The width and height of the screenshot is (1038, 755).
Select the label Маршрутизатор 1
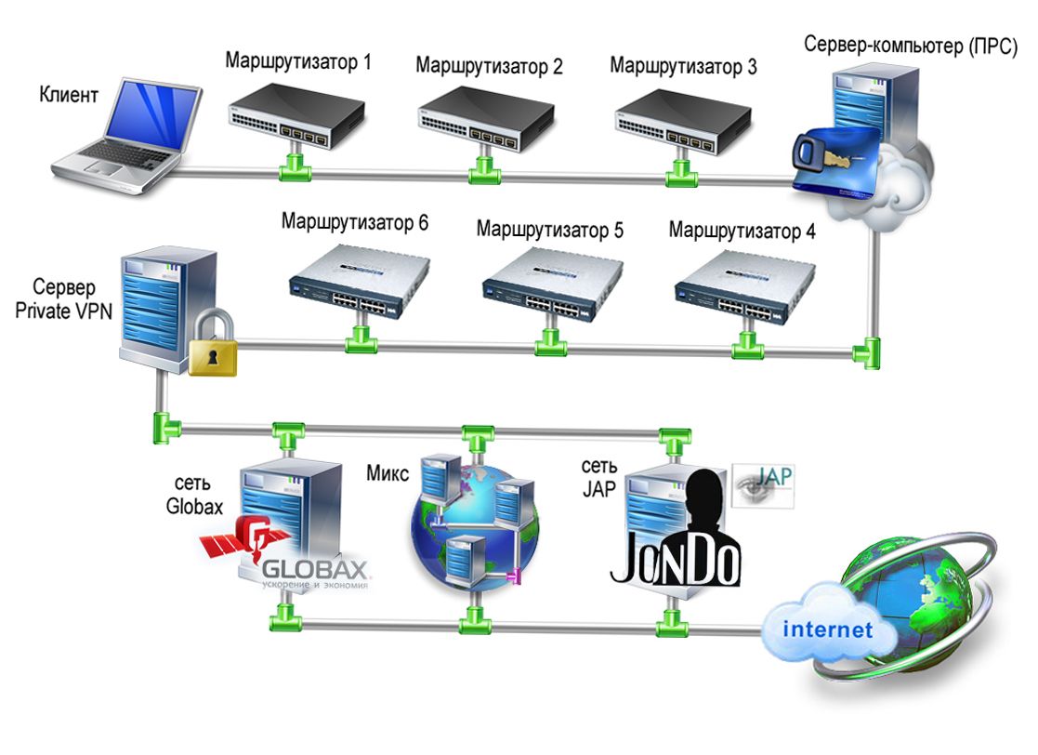tap(298, 62)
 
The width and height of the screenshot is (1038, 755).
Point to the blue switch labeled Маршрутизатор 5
tap(548, 285)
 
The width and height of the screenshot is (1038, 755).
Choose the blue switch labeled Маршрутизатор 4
tap(743, 285)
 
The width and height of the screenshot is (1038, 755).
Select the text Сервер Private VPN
tap(64, 299)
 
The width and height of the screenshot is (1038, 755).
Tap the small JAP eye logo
tap(763, 486)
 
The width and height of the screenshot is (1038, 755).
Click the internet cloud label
tap(827, 630)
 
